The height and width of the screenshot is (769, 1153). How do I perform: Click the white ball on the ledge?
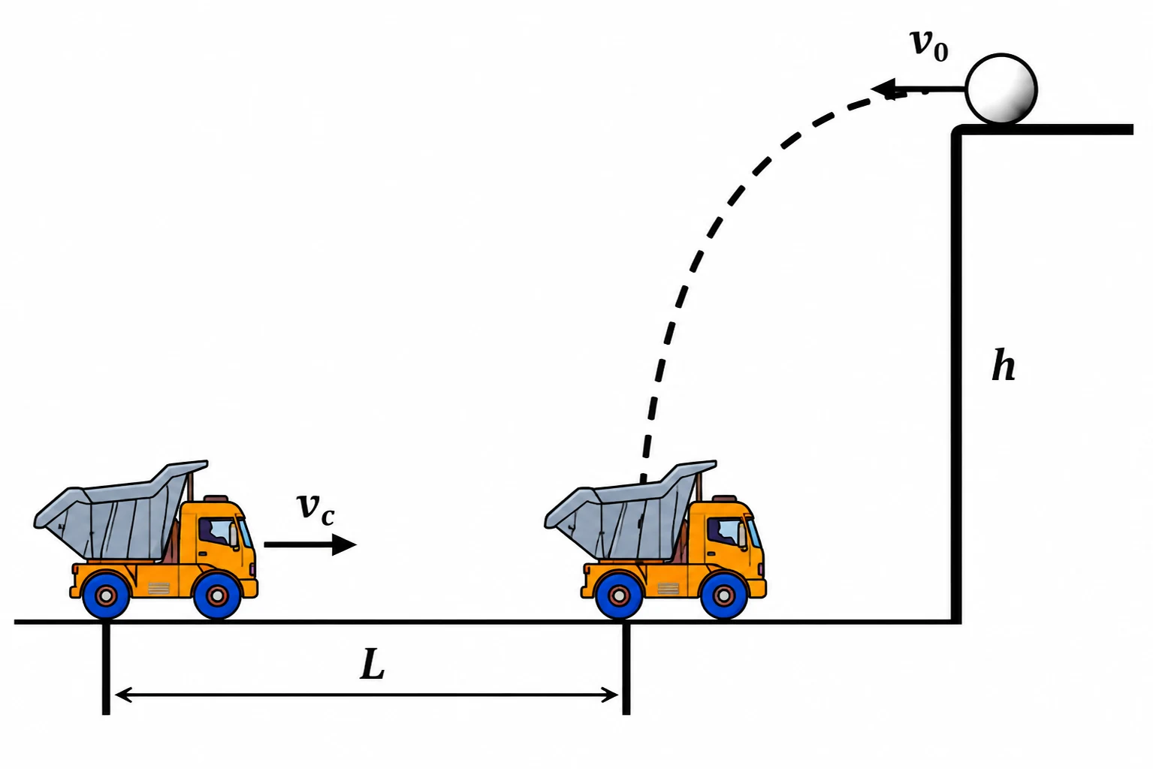[1001, 89]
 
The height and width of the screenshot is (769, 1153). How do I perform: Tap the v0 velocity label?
[929, 45]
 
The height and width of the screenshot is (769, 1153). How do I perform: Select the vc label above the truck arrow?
[316, 510]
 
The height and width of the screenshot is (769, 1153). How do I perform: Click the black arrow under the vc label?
[310, 544]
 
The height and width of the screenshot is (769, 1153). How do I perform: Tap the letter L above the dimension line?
[372, 664]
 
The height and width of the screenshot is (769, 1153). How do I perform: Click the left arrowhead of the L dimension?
[123, 695]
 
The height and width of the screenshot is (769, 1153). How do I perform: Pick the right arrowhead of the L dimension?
[610, 695]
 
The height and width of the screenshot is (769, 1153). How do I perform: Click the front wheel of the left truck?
[216, 596]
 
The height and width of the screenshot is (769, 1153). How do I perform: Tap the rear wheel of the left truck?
[105, 596]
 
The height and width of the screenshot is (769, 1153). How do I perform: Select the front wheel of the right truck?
[724, 596]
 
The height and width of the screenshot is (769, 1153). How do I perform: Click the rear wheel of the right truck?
[619, 596]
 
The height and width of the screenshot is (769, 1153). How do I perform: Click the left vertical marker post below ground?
[106, 668]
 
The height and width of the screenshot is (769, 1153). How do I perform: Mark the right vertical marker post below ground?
[626, 668]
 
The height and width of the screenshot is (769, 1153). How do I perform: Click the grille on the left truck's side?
[158, 588]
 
